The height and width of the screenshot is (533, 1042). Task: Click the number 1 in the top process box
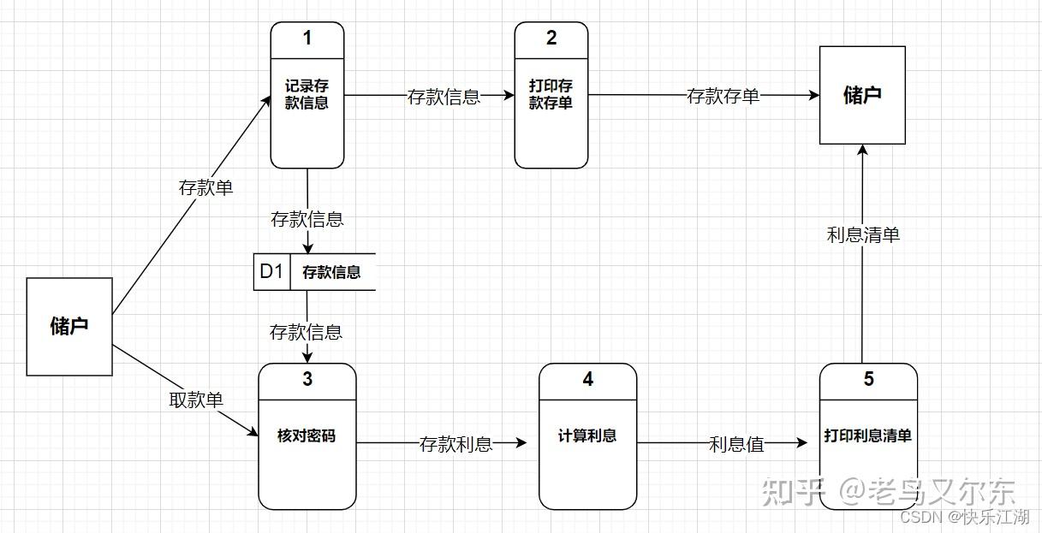pyautogui.click(x=307, y=38)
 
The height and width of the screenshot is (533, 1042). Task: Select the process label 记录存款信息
pyautogui.click(x=307, y=94)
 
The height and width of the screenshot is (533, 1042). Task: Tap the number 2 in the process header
pyautogui.click(x=551, y=38)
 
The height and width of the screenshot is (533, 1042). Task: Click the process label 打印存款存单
pyautogui.click(x=551, y=94)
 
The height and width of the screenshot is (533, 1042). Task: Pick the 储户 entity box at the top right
pyautogui.click(x=862, y=95)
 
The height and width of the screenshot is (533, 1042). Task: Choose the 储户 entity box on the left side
pyautogui.click(x=69, y=326)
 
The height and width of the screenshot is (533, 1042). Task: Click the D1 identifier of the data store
pyautogui.click(x=271, y=272)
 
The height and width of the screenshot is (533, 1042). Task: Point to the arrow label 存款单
pyautogui.click(x=205, y=188)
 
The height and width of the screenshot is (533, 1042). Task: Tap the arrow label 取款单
pyautogui.click(x=196, y=400)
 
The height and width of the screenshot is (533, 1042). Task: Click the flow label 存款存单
pyautogui.click(x=723, y=97)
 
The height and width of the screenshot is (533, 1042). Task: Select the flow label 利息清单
pyautogui.click(x=863, y=234)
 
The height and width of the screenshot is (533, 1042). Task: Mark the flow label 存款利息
pyautogui.click(x=456, y=444)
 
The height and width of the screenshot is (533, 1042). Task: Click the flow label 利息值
pyautogui.click(x=736, y=444)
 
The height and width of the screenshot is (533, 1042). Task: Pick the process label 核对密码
pyautogui.click(x=307, y=435)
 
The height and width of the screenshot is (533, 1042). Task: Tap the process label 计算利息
pyautogui.click(x=587, y=435)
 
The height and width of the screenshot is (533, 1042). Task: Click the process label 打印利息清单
pyautogui.click(x=868, y=435)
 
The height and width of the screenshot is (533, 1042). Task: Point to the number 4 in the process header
pyautogui.click(x=587, y=379)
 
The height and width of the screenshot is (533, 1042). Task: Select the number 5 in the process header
pyautogui.click(x=868, y=379)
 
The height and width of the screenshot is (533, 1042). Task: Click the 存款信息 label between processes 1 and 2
pyautogui.click(x=444, y=97)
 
